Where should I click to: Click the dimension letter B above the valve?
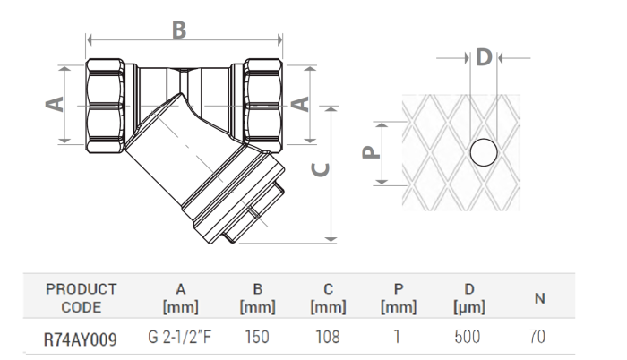(x=179, y=30)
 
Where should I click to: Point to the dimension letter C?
(x=321, y=168)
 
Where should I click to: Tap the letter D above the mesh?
(x=484, y=58)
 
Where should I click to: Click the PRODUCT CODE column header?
(x=82, y=298)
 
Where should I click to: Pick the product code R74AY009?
(x=81, y=339)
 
